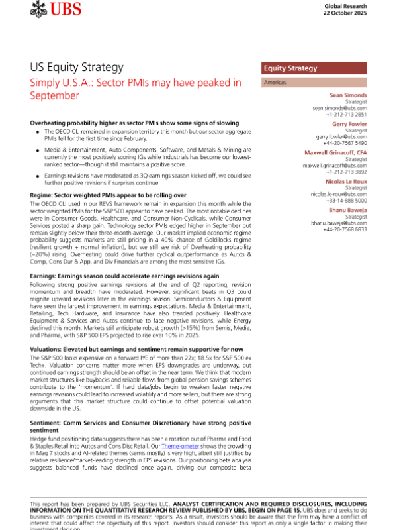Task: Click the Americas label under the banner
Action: pos(275,83)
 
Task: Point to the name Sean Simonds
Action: pos(350,95)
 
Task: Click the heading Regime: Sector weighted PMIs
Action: pos(108,196)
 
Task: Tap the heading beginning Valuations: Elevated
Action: pos(137,349)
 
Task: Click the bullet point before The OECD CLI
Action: pos(38,132)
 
